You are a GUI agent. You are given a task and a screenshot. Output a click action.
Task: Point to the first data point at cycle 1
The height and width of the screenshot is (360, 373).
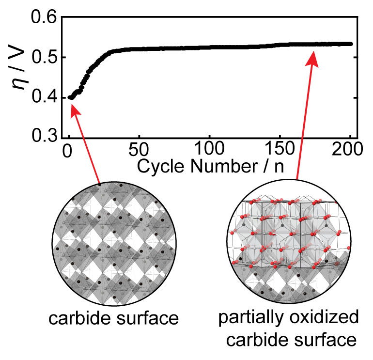(70, 97)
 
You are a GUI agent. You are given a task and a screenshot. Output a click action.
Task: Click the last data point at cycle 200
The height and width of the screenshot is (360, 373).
(350, 44)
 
